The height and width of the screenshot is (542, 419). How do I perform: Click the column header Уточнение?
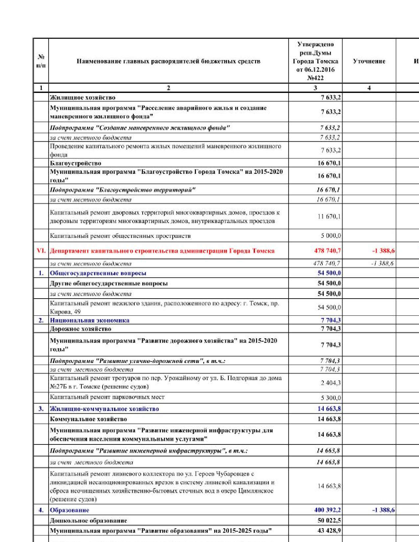tap(369, 61)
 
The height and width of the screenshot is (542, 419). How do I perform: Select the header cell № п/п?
tap(41, 61)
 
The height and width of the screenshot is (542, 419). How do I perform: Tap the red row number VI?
tap(41, 251)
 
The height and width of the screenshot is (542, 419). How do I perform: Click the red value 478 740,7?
tap(327, 251)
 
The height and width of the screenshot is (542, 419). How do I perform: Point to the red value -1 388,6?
tap(383, 251)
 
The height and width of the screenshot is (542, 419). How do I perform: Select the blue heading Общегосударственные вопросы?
tap(98, 273)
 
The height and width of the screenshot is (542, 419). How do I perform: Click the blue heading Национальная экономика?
tap(89, 320)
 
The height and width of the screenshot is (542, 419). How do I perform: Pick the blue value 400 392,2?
tap(327, 510)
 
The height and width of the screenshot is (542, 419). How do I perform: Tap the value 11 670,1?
tap(329, 216)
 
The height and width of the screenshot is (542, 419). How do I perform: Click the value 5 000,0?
tap(331, 236)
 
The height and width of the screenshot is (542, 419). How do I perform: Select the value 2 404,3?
tap(331, 383)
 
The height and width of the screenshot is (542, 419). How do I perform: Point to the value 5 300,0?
tap(331, 398)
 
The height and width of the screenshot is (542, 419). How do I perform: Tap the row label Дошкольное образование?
tap(88, 521)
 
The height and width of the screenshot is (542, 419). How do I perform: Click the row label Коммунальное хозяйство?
tap(88, 419)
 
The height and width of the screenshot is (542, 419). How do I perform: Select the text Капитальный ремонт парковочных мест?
tap(107, 397)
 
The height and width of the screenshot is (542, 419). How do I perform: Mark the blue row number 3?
tap(41, 409)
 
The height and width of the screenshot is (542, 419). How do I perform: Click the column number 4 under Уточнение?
tap(369, 88)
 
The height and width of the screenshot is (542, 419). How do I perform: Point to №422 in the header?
tap(315, 78)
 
